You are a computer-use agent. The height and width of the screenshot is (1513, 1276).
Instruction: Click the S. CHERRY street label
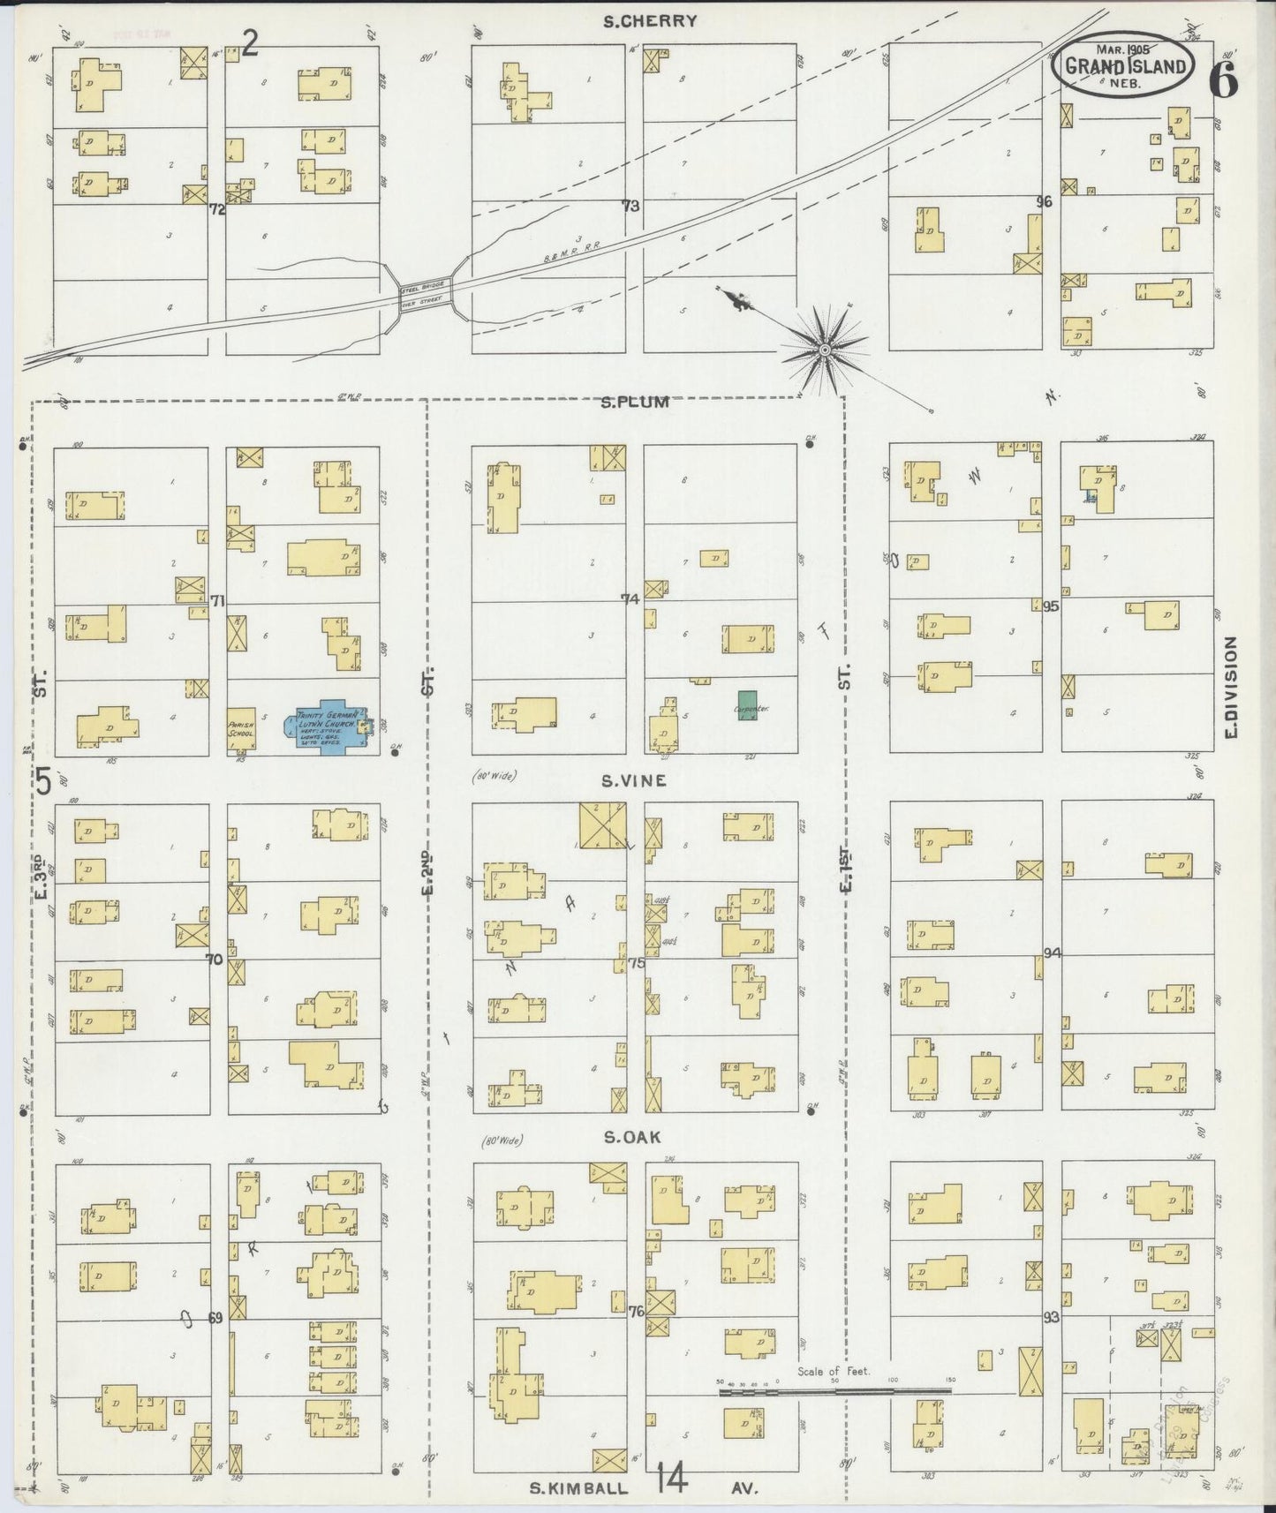[650, 21]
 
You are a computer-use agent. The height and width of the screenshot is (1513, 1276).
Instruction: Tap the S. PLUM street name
[635, 403]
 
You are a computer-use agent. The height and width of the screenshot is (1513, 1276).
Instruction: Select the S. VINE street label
[633, 780]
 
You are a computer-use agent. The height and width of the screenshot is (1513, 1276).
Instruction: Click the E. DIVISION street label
[1232, 689]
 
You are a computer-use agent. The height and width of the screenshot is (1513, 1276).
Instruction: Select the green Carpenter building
[748, 706]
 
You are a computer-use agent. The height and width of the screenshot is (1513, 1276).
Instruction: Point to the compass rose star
[824, 350]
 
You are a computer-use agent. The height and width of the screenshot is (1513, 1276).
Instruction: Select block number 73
[630, 206]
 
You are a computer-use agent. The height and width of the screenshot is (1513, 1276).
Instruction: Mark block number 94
[1052, 953]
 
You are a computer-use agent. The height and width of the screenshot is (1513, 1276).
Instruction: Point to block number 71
[218, 601]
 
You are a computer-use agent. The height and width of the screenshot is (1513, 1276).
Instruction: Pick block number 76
[636, 1312]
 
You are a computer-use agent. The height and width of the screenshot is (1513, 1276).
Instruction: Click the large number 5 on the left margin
[43, 781]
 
